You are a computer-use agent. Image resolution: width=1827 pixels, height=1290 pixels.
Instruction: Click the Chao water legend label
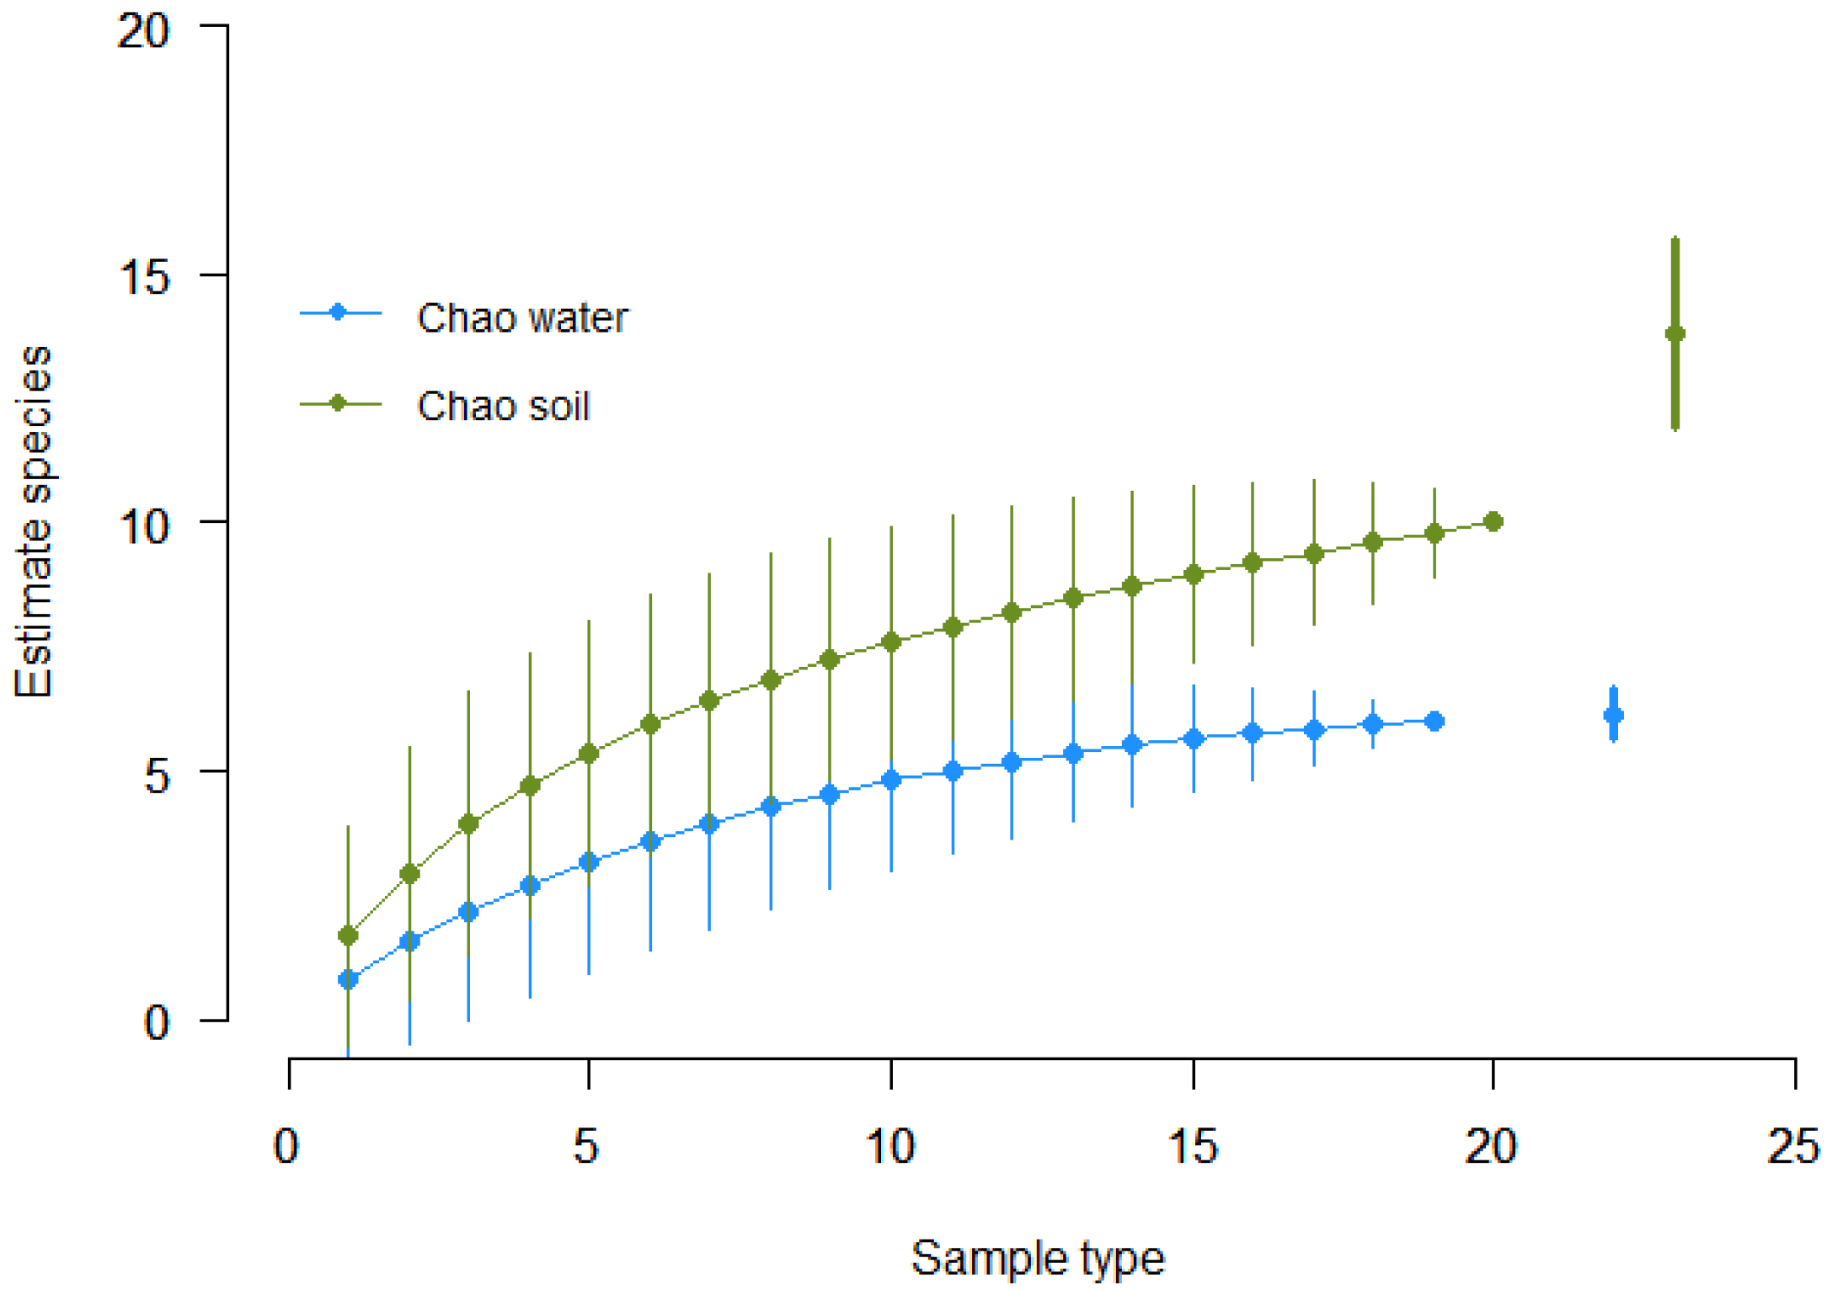(521, 318)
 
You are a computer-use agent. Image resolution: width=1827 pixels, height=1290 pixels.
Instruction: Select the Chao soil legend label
(503, 406)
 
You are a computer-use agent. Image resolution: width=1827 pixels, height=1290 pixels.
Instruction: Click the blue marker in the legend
(339, 312)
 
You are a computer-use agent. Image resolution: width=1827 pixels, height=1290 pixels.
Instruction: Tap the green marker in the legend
(339, 403)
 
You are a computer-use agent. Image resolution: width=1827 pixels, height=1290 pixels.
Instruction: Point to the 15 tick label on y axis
(144, 275)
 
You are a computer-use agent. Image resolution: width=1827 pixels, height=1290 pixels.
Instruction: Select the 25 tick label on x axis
(1792, 1146)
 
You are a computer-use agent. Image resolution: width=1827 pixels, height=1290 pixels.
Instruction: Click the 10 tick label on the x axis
(889, 1146)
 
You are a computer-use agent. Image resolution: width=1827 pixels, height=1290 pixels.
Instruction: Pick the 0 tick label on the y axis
(157, 1021)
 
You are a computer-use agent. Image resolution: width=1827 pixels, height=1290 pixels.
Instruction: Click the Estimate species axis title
(35, 522)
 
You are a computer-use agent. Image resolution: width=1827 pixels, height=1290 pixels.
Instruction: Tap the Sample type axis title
(1037, 1258)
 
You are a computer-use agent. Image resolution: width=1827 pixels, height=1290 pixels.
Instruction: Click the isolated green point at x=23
(1675, 334)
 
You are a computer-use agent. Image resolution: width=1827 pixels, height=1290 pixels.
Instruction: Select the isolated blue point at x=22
(1613, 716)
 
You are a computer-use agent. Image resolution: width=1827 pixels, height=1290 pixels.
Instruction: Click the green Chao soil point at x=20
(1493, 522)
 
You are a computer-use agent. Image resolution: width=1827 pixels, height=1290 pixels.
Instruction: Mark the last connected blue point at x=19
(1434, 721)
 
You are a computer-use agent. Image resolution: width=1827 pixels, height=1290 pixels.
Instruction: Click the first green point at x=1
(348, 936)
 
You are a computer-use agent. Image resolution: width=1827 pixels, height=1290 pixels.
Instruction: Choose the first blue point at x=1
(348, 979)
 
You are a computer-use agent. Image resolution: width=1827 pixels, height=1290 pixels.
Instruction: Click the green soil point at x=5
(589, 754)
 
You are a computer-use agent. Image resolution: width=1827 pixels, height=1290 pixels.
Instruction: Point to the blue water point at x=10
(891, 780)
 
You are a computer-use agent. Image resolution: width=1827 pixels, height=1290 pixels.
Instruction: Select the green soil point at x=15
(1194, 574)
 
